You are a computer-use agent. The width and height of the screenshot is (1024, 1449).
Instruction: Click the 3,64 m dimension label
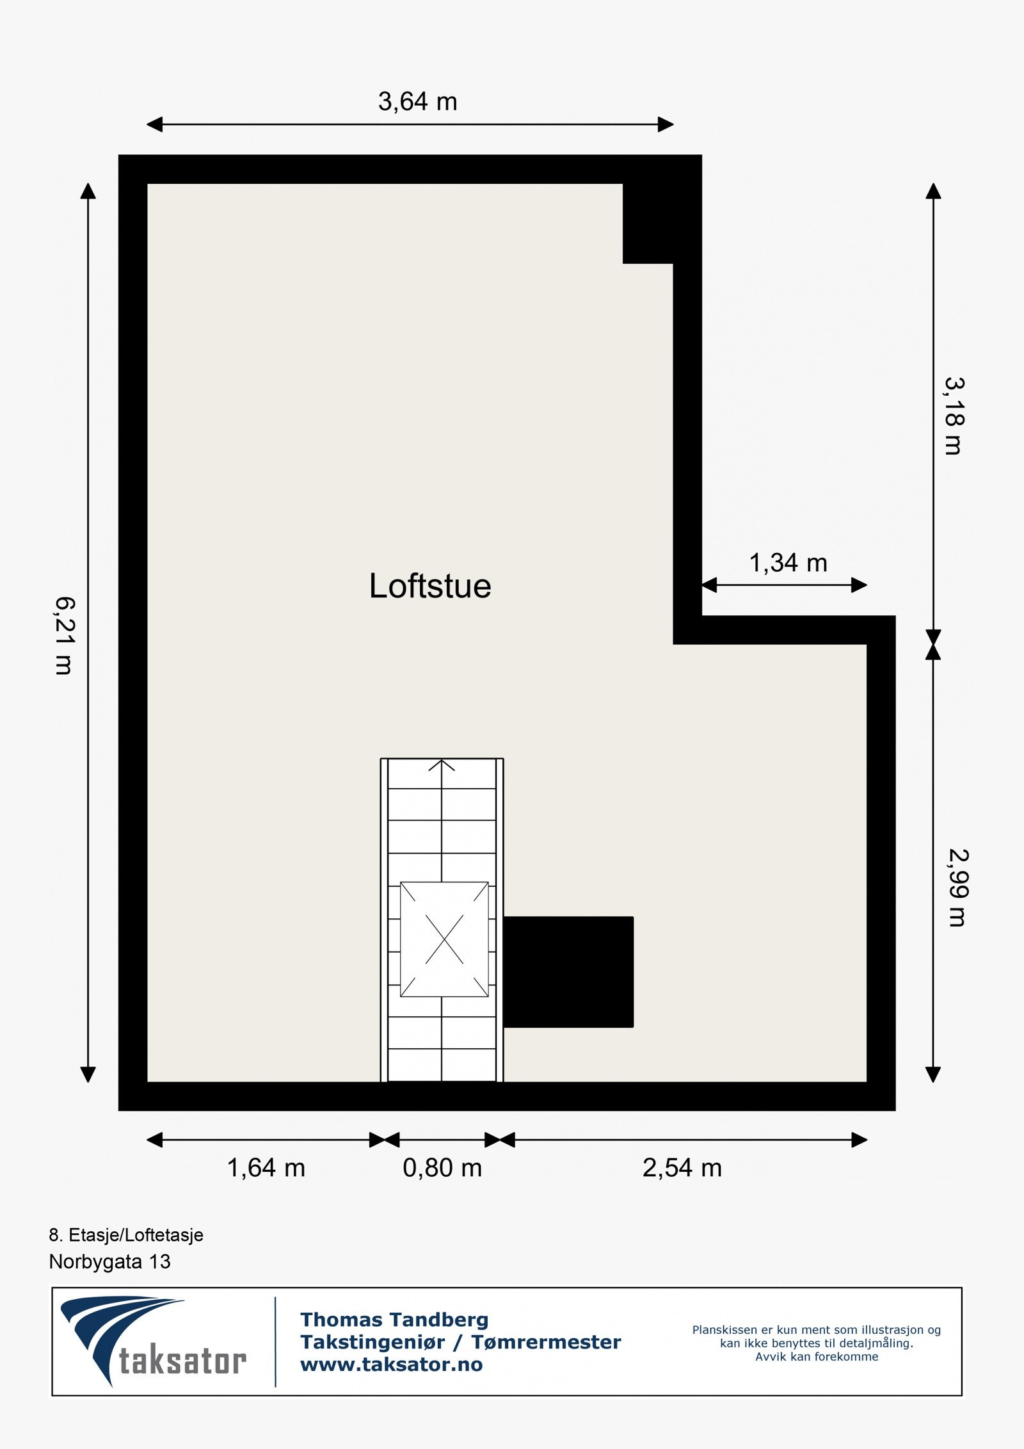(x=417, y=102)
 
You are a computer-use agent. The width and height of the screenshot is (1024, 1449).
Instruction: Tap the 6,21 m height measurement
(x=65, y=635)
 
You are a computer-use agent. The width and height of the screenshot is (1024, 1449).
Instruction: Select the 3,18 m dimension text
(x=954, y=416)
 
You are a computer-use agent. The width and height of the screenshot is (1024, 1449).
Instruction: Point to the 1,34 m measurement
(x=788, y=563)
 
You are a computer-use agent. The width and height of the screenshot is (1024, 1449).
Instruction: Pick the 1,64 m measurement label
(x=266, y=1168)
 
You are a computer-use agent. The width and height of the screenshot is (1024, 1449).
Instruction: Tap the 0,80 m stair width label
(x=442, y=1168)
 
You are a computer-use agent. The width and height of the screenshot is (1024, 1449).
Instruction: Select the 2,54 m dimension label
(x=682, y=1168)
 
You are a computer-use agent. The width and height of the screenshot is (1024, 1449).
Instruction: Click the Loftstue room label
(x=429, y=586)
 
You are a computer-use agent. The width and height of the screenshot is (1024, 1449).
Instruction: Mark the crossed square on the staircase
(x=444, y=939)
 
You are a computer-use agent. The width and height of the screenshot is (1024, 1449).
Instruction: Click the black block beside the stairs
(x=568, y=971)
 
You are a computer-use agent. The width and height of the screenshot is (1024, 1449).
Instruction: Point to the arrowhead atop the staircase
(x=442, y=765)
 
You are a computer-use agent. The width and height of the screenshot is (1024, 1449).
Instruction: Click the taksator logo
(x=154, y=1341)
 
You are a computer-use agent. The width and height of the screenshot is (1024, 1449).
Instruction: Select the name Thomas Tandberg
(x=394, y=1320)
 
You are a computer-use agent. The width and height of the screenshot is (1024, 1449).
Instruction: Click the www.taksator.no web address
(x=391, y=1364)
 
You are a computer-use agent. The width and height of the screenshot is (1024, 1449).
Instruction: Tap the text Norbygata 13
(x=109, y=1261)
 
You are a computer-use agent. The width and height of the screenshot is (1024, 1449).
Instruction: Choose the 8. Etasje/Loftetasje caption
(x=126, y=1234)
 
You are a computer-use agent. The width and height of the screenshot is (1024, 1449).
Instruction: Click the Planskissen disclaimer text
(x=816, y=1343)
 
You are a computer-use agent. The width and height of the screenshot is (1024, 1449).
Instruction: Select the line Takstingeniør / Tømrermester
(x=460, y=1342)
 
